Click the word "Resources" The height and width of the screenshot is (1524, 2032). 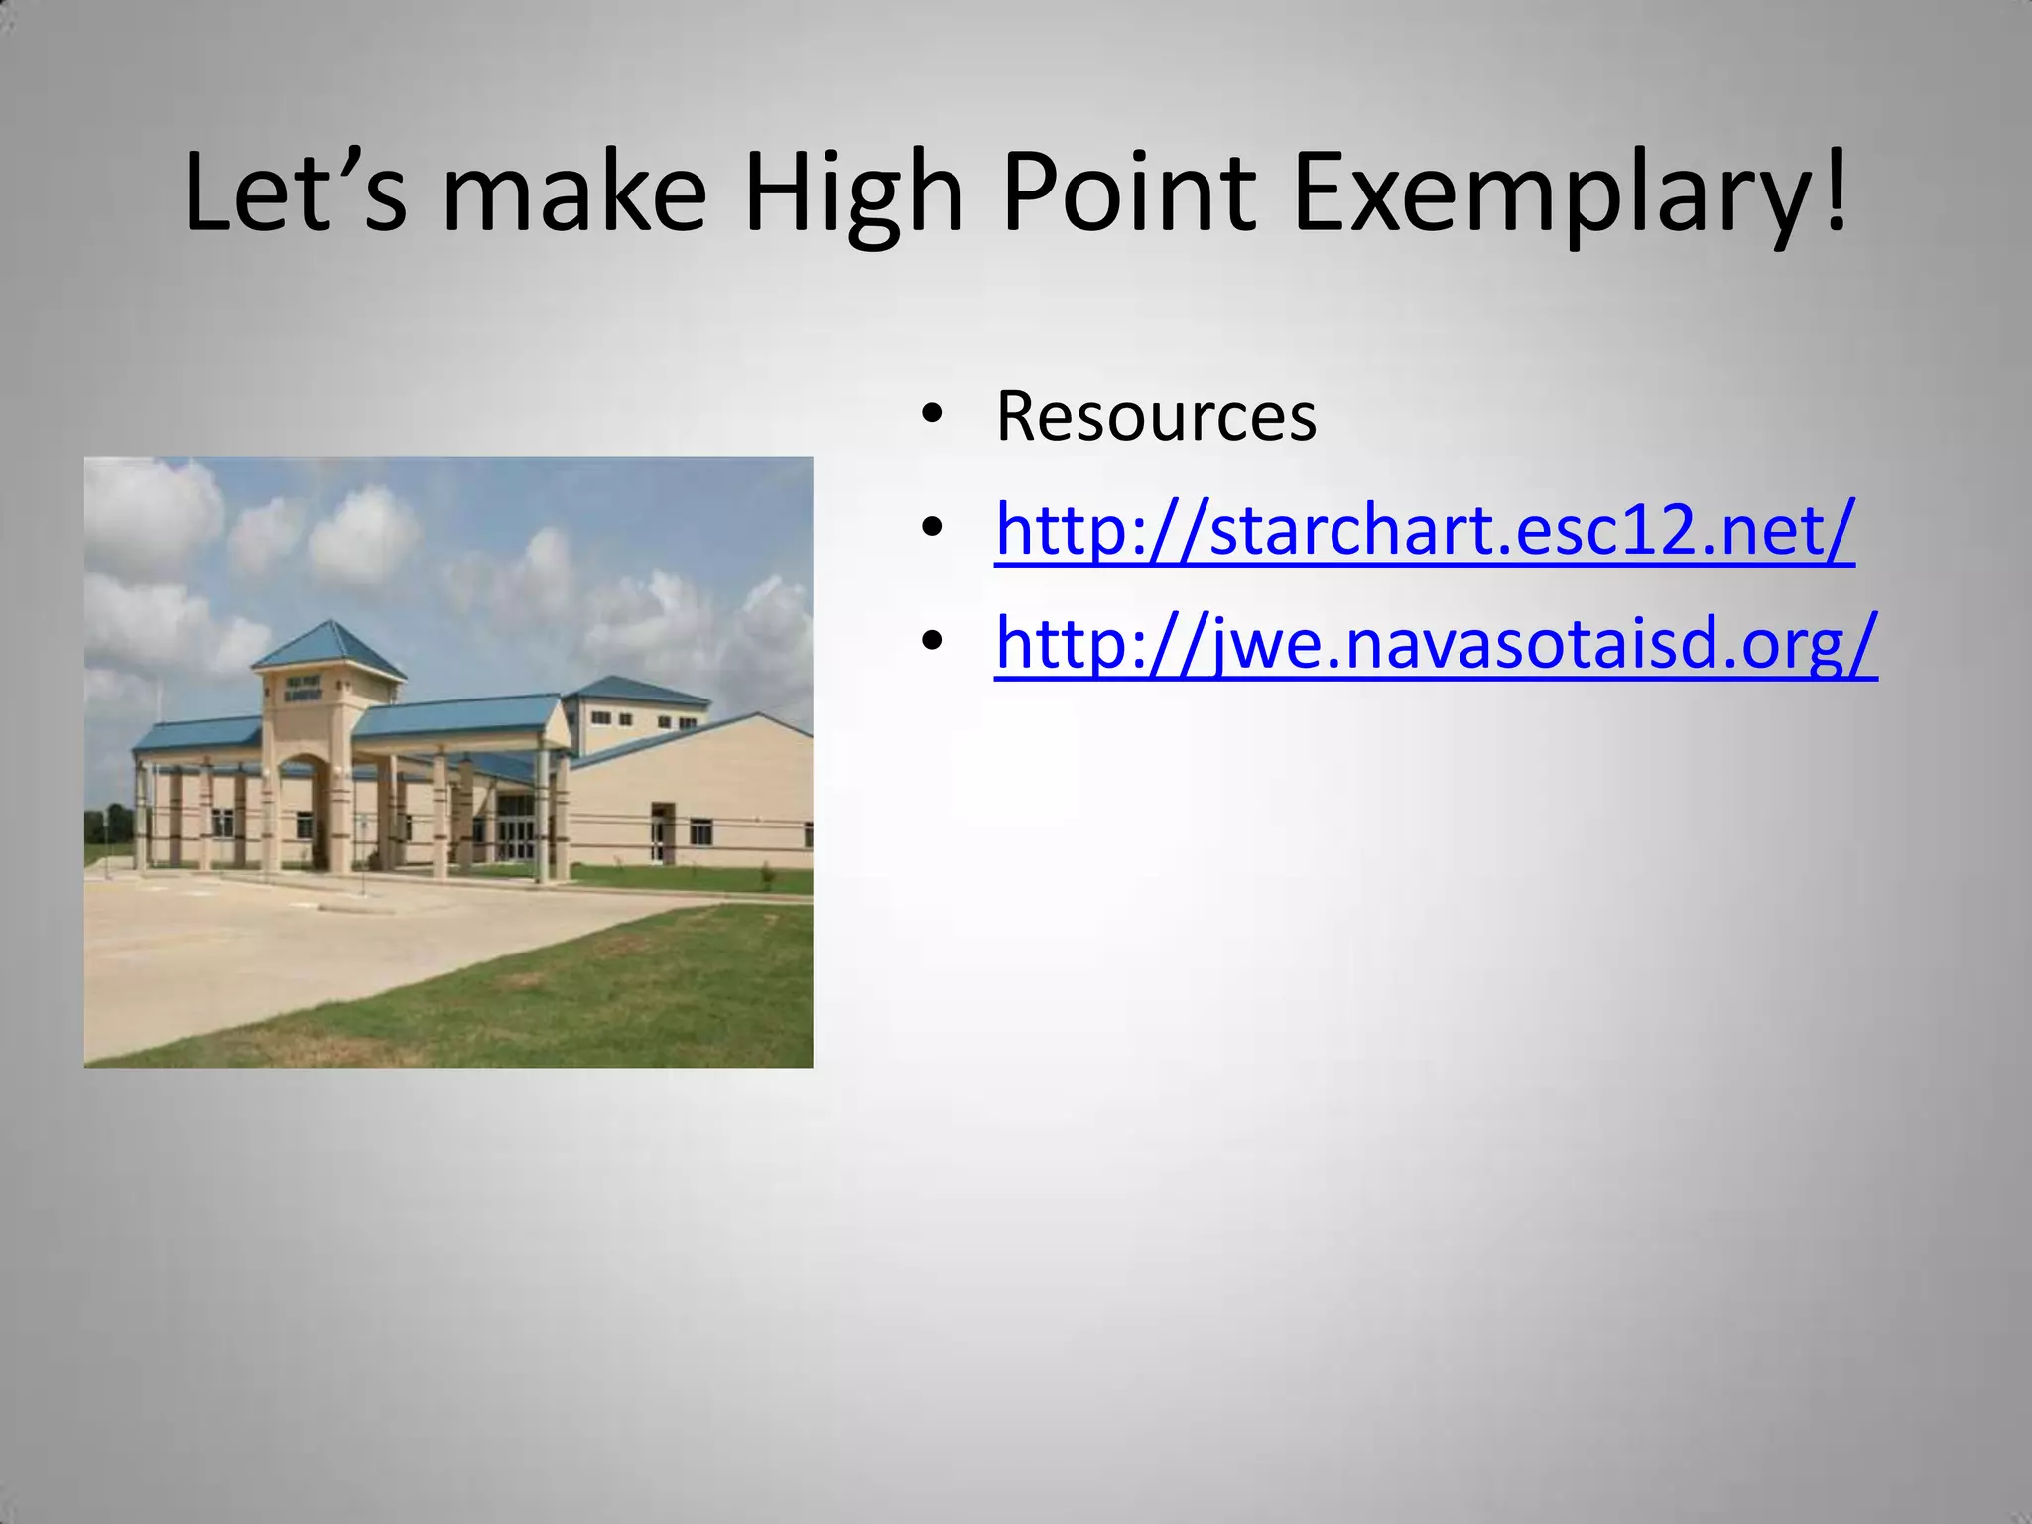(1156, 416)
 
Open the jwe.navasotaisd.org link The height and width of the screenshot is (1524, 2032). (1436, 643)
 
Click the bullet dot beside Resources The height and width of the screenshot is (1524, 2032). (931, 416)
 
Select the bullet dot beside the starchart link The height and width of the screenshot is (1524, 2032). (931, 529)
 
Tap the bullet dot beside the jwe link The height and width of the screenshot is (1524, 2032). (931, 643)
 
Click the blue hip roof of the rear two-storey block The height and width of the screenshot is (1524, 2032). (635, 690)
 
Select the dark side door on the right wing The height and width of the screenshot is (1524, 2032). (661, 833)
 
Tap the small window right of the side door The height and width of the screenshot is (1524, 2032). (700, 831)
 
